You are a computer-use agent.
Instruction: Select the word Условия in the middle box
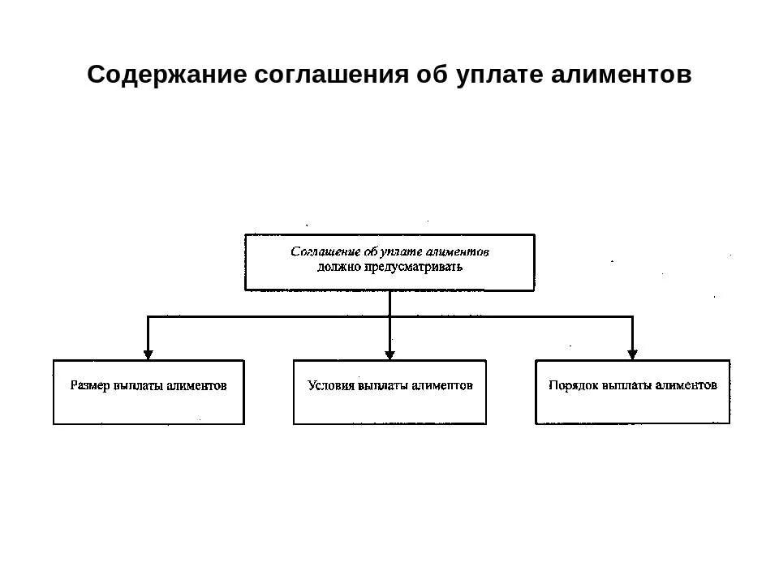pos(331,386)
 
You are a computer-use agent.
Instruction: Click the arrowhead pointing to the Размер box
pos(148,354)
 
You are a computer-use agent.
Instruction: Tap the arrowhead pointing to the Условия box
pos(389,354)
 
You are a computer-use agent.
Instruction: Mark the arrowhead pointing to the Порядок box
pos(632,354)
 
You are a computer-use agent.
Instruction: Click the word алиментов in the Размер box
pos(197,386)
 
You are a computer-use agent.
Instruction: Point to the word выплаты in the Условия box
pos(382,386)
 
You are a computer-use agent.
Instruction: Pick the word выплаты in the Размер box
pos(139,386)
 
